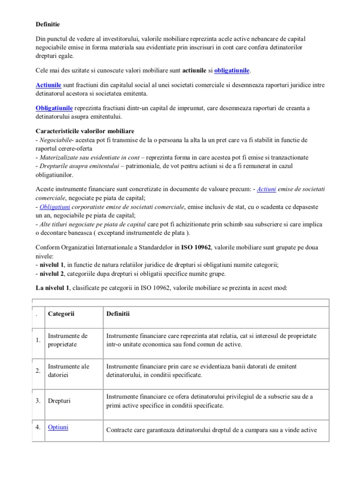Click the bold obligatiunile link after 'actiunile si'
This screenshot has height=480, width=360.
pos(232,71)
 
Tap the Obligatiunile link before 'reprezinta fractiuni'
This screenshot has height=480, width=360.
pos(54,108)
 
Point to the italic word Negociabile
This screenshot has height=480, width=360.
pos(56,140)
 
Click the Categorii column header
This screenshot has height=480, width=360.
pos(61,313)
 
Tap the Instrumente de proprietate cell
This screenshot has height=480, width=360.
pos(68,340)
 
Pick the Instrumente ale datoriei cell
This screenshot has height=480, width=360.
pos(68,370)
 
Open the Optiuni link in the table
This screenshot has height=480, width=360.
pos(58,427)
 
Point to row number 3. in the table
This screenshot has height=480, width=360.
pos(39,401)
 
